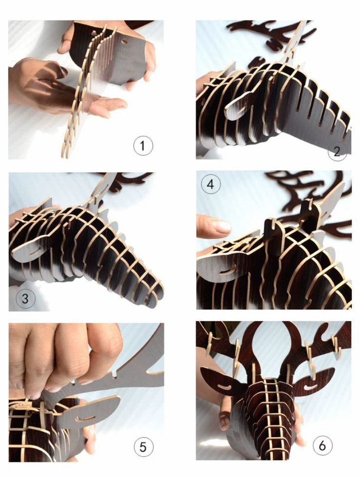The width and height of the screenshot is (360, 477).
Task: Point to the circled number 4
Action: coord(210,184)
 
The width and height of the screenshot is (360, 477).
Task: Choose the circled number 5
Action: coord(143,447)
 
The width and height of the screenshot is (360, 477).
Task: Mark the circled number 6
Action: coord(322,445)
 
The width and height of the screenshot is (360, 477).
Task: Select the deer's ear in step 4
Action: coord(219,267)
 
